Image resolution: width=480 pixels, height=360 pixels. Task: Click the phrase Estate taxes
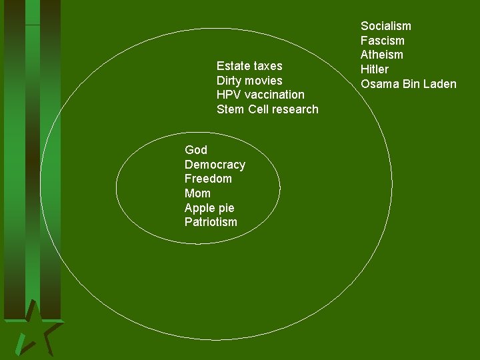coord(249,66)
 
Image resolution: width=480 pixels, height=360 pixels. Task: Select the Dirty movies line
coord(249,81)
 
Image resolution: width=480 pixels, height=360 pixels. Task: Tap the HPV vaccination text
coord(260,95)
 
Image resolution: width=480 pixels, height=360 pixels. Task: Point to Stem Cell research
coord(267,109)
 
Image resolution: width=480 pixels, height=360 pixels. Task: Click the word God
coord(196,150)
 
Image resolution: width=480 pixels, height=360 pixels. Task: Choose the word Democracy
coord(215,165)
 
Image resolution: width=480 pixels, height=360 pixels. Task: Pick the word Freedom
coord(208,179)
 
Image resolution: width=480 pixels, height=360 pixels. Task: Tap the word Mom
coord(197,193)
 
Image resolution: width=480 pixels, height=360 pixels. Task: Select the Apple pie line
coord(209,208)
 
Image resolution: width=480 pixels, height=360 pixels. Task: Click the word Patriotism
coord(211,222)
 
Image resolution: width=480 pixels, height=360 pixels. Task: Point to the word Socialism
coord(386,26)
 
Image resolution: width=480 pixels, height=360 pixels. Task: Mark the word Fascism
coord(383,41)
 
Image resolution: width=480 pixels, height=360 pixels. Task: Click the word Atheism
coord(382,55)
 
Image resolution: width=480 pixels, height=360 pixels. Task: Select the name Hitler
coord(375,69)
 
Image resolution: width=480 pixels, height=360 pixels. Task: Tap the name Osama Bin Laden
coord(409,84)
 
